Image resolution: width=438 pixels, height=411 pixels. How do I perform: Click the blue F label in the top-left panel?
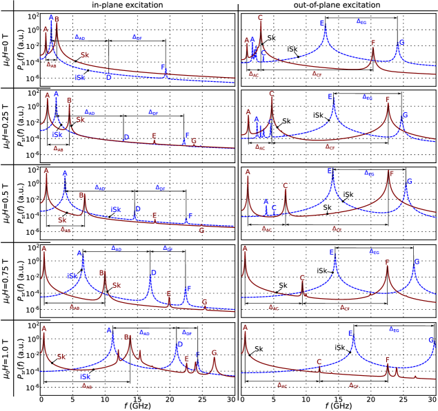coord(163,67)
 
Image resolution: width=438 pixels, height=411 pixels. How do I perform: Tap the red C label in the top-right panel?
coord(260,18)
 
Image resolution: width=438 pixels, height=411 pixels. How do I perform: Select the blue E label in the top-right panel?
coord(322,23)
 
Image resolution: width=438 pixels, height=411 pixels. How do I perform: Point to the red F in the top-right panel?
coord(373,43)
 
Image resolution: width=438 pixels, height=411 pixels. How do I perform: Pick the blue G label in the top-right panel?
coord(401,43)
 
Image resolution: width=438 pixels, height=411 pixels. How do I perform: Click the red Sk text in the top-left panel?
coord(85,55)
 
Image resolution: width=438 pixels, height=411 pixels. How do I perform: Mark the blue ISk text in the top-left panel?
coord(80,78)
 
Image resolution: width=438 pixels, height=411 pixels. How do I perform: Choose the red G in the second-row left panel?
coord(194,141)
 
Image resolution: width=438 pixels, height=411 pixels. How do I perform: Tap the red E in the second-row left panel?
coord(155,136)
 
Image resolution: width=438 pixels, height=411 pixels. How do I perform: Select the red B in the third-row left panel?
coord(81,196)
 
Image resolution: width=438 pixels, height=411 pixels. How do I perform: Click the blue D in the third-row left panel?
coord(138,209)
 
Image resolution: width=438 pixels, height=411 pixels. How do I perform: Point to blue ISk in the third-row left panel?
coord(116,209)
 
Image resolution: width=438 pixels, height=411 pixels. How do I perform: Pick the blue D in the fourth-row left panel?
coord(153,273)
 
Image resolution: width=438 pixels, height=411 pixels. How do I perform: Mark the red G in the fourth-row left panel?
coord(204,302)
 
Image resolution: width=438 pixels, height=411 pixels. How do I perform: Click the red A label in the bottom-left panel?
coord(44,329)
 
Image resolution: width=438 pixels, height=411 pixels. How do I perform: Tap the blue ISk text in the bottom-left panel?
coord(86,377)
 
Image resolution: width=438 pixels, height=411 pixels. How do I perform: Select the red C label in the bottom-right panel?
coord(319,362)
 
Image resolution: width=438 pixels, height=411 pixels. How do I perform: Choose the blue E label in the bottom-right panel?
coord(350,334)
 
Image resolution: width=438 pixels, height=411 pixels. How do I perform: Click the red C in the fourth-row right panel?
coord(302,278)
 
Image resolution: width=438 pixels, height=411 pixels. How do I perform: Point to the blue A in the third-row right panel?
coord(266,202)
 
